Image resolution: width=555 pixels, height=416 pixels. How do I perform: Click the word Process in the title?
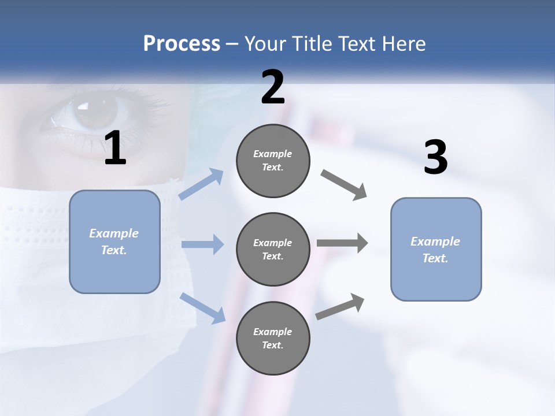click(182, 44)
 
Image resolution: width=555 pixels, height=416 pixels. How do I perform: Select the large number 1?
click(115, 148)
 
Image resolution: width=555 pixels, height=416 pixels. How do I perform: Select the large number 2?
click(273, 87)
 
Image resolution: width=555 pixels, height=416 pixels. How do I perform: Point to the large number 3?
click(435, 158)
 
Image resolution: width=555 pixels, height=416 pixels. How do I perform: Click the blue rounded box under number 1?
click(114, 242)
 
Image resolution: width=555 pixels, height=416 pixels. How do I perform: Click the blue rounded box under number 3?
click(436, 249)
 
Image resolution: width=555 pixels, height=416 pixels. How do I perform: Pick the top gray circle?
click(273, 161)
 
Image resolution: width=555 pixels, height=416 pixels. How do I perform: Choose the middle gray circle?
click(273, 249)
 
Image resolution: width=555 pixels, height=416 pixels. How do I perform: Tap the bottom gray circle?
click(273, 338)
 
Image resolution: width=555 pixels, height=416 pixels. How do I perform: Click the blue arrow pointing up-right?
click(201, 184)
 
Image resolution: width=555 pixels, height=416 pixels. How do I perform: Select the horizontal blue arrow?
click(202, 244)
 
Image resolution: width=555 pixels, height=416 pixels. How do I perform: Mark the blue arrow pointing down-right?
click(202, 308)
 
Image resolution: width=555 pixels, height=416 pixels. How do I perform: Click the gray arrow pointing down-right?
click(344, 185)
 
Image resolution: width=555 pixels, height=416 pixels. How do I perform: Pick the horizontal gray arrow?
click(342, 243)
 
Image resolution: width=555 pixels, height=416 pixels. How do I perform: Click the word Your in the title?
click(266, 44)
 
